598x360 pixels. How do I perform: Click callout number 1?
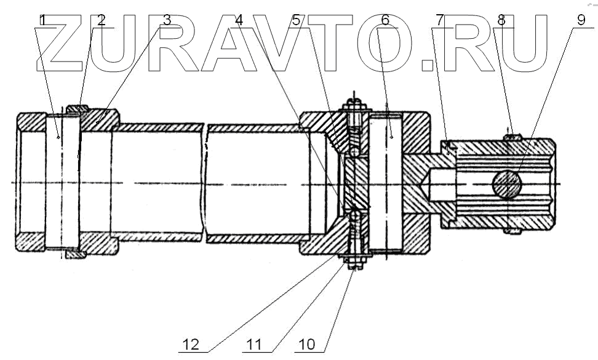42,20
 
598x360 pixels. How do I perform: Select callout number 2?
102,20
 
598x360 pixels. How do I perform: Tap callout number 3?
166,20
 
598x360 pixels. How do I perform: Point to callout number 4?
239,20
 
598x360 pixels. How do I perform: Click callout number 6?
385,20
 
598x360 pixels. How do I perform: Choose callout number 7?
439,20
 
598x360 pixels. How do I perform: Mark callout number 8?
501,20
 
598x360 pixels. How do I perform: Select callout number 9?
581,20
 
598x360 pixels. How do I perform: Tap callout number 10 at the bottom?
306,344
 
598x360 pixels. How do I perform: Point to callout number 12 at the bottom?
191,344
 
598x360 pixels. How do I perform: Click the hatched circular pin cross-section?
508,184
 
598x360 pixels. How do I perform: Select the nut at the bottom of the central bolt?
353,264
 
